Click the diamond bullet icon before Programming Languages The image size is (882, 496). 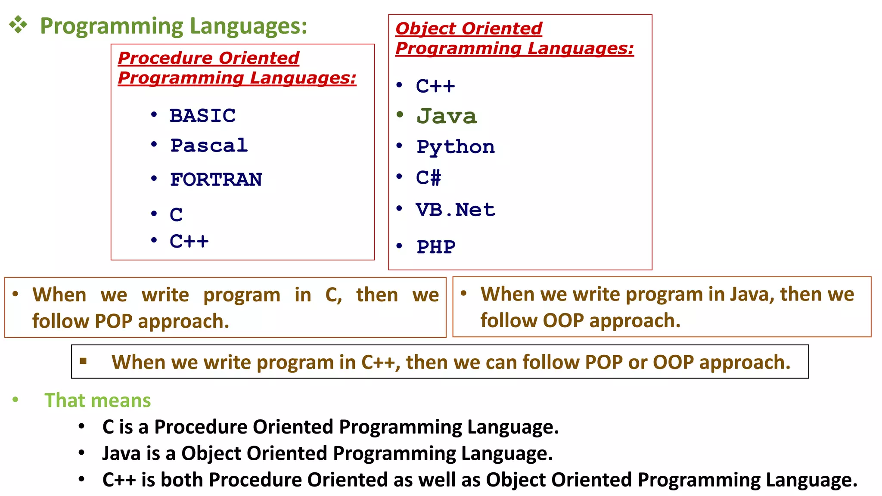(x=18, y=25)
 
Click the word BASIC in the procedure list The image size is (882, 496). (x=202, y=115)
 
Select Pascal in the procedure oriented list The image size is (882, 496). (x=209, y=145)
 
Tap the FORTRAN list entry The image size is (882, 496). (x=216, y=179)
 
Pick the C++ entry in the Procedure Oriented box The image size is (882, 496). (x=189, y=241)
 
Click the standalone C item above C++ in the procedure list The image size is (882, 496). (x=176, y=214)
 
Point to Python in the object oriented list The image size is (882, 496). (x=456, y=147)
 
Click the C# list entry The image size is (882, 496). (x=429, y=177)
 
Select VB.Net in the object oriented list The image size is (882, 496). (x=456, y=210)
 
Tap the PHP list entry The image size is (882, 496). (x=436, y=247)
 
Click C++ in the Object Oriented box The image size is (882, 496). (x=435, y=86)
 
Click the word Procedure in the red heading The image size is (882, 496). (x=165, y=58)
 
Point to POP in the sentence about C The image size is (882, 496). (x=113, y=321)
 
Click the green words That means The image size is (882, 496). (x=97, y=400)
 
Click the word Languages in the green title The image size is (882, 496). (x=248, y=26)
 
